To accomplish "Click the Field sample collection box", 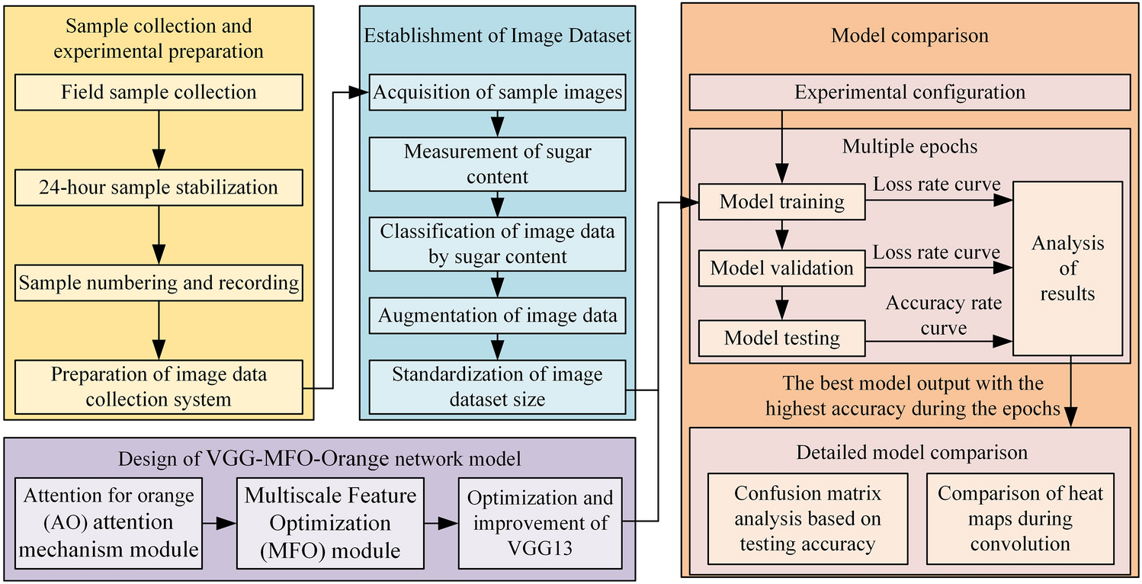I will tap(159, 93).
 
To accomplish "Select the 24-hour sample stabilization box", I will tap(159, 188).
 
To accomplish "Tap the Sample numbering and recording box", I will tap(159, 283).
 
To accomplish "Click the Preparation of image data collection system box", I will tap(159, 387).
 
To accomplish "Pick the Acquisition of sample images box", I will tap(498, 93).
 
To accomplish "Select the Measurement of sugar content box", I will tap(498, 164).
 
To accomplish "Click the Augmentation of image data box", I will tap(498, 315).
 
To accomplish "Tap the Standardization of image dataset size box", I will tap(498, 387).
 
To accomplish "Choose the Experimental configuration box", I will tap(909, 93).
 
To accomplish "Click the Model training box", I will tap(782, 202).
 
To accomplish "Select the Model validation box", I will tap(782, 268).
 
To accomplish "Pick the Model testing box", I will tap(782, 338).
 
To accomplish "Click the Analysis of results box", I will tap(1067, 268).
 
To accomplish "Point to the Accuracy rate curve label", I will tap(943, 316).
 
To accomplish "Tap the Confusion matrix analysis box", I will tap(808, 518).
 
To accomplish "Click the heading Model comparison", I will tap(909, 36).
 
